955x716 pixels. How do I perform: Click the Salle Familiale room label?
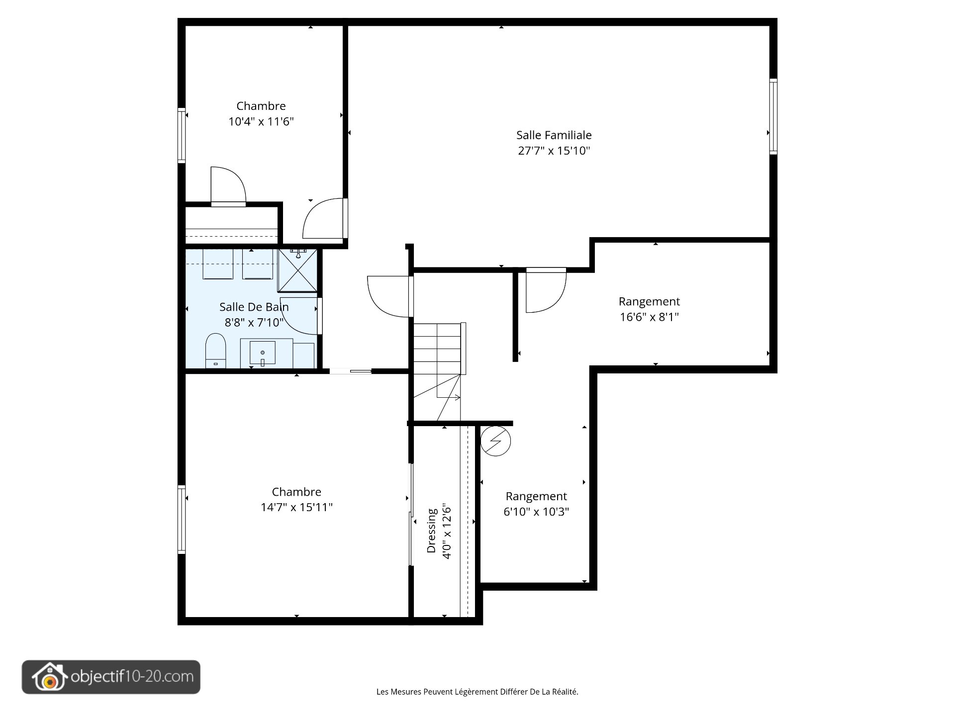coord(554,135)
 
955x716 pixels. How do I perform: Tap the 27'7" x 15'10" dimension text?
coord(554,151)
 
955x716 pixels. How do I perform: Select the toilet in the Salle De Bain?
coord(216,351)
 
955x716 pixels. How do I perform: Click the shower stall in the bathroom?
coord(297,270)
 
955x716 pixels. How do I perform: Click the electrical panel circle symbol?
coord(495,441)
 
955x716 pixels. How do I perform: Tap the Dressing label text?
coord(431,530)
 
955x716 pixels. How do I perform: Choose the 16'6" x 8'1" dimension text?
coord(649,317)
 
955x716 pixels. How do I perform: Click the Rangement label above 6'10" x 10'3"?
coord(536,496)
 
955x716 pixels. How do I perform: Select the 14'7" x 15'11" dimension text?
coord(296,507)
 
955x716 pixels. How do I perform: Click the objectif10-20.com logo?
coord(111,677)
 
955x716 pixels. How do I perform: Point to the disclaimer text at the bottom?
coord(477,692)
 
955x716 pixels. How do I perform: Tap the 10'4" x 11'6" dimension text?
coord(261,121)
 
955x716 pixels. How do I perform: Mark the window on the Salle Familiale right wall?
coord(773,116)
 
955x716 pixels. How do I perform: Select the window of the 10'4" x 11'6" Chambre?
coord(182,135)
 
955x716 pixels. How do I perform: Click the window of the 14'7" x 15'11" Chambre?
coord(182,520)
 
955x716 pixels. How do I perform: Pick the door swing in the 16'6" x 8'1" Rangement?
coord(546,290)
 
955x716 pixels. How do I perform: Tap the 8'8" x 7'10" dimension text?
coord(254,323)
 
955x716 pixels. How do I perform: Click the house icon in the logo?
coord(49,677)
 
